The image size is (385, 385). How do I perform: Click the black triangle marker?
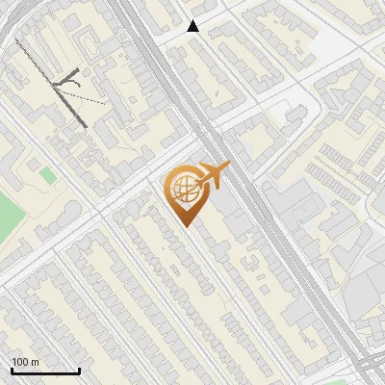click(x=193, y=26)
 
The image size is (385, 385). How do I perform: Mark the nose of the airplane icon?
click(x=229, y=167)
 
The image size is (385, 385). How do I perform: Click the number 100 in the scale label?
click(x=19, y=362)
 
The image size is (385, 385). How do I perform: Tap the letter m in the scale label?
click(x=35, y=362)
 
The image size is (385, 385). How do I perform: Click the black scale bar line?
click(x=44, y=372)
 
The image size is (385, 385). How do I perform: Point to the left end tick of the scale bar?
click(x=12, y=369)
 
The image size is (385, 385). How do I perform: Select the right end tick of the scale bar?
click(x=78, y=369)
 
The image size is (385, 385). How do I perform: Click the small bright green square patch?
click(x=47, y=174)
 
